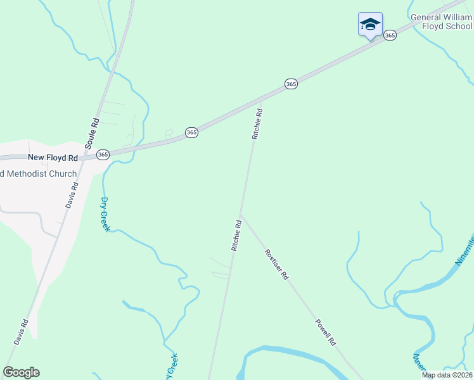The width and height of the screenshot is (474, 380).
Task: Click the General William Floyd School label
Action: (442, 22)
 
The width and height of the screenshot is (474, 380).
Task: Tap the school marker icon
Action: (370, 25)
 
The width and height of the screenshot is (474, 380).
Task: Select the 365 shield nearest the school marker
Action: (390, 35)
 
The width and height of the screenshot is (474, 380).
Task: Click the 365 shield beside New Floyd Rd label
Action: (103, 155)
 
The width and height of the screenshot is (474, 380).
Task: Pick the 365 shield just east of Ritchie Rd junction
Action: (291, 84)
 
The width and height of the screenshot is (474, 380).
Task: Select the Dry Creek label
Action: (105, 214)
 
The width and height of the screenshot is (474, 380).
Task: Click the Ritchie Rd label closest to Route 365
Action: (257, 123)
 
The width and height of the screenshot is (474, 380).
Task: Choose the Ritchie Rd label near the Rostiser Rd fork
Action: (236, 236)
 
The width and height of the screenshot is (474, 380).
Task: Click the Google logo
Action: (22, 372)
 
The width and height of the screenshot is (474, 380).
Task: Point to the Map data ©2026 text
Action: (447, 375)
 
